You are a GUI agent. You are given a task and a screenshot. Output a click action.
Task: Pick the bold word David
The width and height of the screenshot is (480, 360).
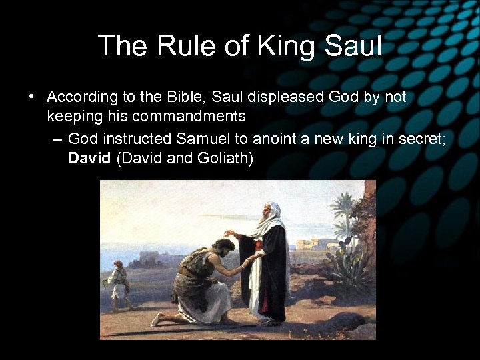click(90, 160)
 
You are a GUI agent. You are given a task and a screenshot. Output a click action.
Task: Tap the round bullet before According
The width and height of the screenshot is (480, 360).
click(31, 97)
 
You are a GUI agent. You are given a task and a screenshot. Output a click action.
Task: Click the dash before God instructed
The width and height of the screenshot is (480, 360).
click(55, 139)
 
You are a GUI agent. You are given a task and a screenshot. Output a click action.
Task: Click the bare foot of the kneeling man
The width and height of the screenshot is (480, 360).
click(158, 320)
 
